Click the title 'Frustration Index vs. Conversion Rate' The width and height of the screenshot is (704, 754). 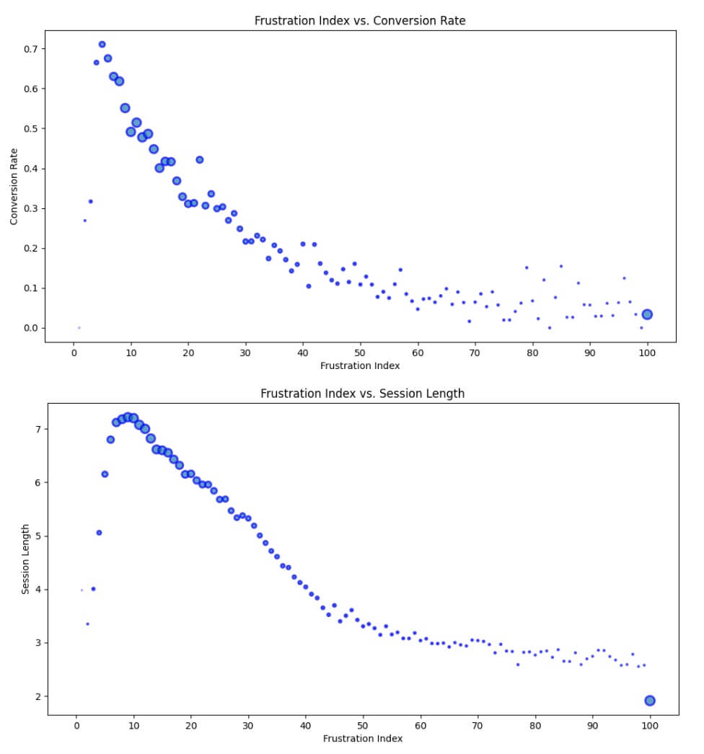pos(360,20)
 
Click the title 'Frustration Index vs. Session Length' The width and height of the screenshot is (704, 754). pos(362,394)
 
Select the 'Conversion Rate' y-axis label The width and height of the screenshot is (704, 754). pos(14,186)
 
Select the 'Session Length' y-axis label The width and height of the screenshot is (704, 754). pos(25,559)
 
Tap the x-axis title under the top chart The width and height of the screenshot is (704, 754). pos(360,365)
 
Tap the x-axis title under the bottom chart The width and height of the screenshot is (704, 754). pos(363,738)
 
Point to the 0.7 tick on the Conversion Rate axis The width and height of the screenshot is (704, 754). pos(30,49)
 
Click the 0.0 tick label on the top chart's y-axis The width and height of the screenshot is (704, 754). pos(30,328)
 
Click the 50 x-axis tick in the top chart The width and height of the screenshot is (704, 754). pos(360,352)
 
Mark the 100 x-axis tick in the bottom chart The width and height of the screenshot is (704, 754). pos(649,726)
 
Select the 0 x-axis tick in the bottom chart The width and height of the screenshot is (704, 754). pos(76,726)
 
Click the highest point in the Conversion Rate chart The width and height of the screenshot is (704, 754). pos(102,45)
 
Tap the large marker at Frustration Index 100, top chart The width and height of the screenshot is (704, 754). pos(647,314)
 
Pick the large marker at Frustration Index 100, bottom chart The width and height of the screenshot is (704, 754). pos(650,701)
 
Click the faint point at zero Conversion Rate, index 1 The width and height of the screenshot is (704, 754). pos(79,328)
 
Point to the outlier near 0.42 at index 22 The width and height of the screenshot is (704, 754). pos(200,160)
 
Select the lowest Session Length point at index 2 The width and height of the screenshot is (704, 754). pos(87,624)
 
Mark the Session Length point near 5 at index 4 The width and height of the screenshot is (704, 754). pos(99,533)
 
